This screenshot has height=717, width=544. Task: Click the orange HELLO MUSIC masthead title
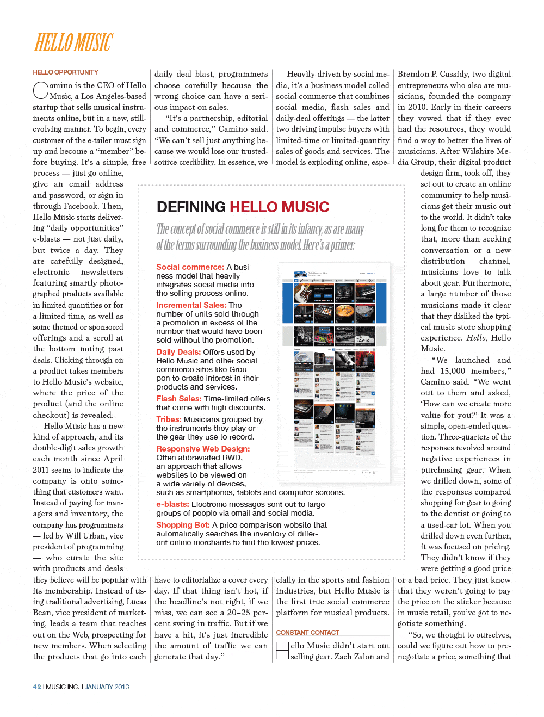click(x=73, y=42)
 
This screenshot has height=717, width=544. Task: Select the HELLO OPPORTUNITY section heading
click(x=65, y=72)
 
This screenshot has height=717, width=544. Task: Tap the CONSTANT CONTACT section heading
click(x=307, y=632)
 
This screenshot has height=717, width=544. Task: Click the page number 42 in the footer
click(x=36, y=687)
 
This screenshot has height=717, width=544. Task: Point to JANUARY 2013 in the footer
click(x=107, y=687)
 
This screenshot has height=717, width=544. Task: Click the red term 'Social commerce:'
click(x=190, y=267)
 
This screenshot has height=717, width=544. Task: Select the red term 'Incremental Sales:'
click(x=191, y=305)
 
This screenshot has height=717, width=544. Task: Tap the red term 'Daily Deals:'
click(x=178, y=352)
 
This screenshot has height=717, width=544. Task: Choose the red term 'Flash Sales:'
click(x=178, y=399)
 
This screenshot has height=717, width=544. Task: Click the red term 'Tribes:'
click(x=169, y=419)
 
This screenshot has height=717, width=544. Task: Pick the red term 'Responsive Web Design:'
click(x=203, y=449)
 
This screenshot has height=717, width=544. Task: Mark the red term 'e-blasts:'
click(x=172, y=504)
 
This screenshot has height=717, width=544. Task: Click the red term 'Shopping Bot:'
click(x=183, y=525)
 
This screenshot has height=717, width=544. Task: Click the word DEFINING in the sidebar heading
click(x=191, y=207)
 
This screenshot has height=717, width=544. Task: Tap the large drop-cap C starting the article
click(x=41, y=90)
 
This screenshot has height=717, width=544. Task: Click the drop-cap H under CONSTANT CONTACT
click(x=282, y=651)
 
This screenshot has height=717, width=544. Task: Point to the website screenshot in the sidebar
click(x=335, y=373)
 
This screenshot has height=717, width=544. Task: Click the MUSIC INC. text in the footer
click(x=62, y=687)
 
